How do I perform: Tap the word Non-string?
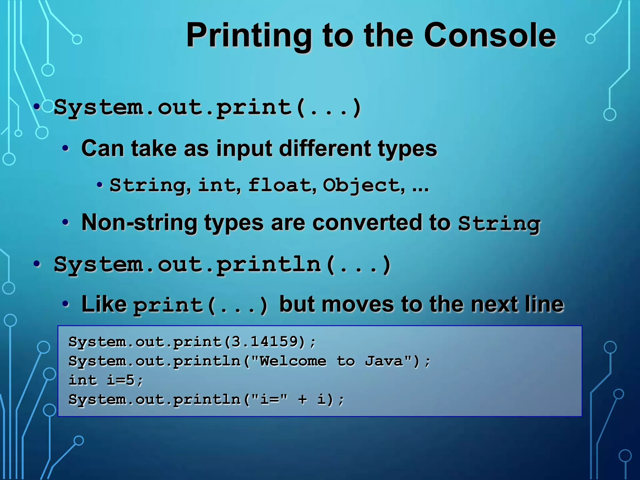tap(139, 223)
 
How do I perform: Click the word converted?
tap(367, 223)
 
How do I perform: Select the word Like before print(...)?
tap(104, 304)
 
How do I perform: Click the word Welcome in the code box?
tap(293, 361)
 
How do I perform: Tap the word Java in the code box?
tap(384, 361)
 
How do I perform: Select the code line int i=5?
tap(106, 380)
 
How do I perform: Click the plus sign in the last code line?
tap(302, 400)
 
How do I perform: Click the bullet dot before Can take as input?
tap(65, 148)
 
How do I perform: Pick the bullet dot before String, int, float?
tap(100, 185)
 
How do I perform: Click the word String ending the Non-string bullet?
tap(499, 223)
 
